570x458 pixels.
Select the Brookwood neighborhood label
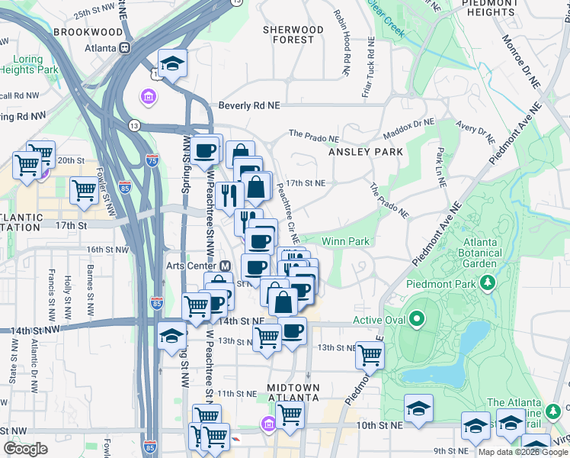pos(88,32)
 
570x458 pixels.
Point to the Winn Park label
pos(345,241)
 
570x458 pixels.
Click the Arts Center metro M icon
pos(225,266)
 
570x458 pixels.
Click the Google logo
pos(25,449)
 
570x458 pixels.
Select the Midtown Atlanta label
pos(293,393)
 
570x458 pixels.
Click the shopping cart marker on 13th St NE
pos(370,353)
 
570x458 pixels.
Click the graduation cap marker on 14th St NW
pos(171,335)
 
